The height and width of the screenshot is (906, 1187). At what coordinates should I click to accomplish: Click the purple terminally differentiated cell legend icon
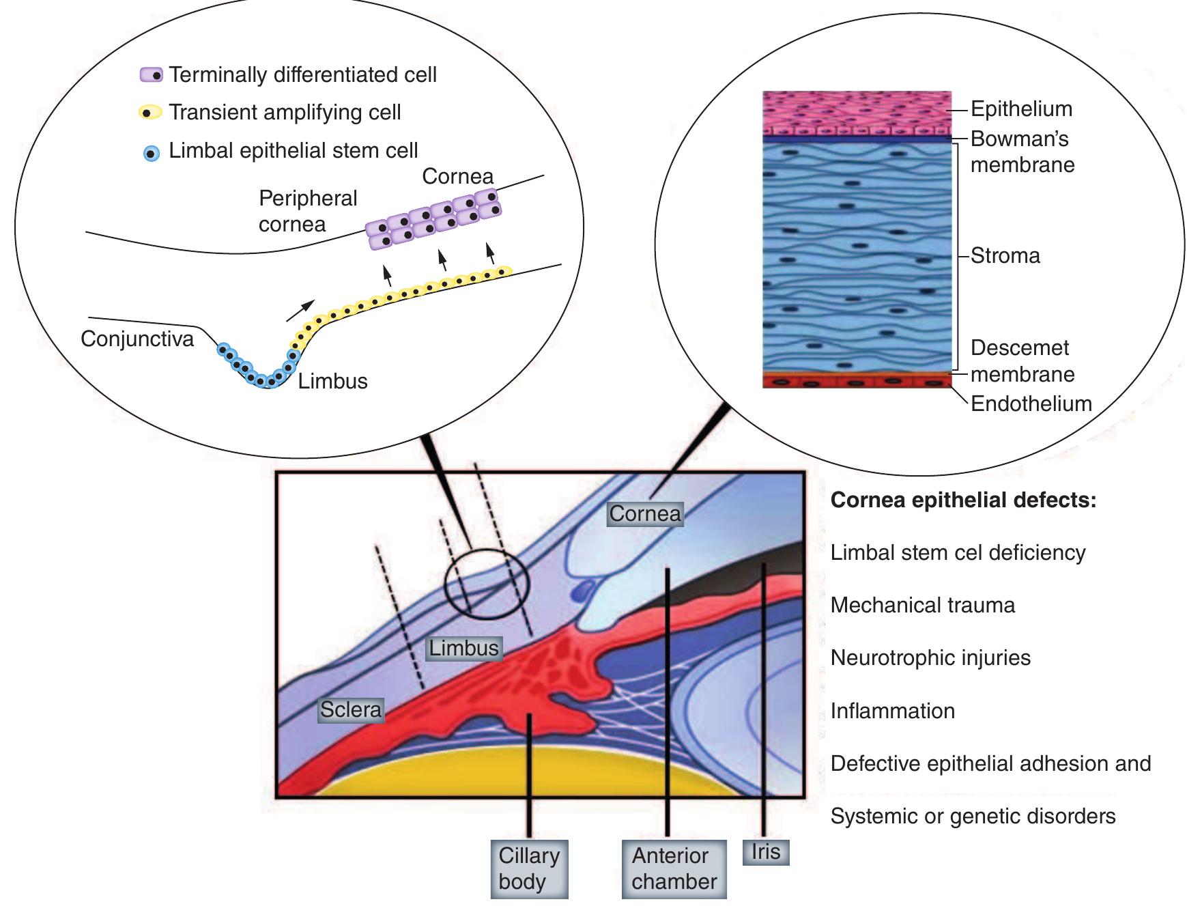pyautogui.click(x=152, y=75)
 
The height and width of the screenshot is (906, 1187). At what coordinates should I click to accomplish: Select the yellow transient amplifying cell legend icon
pyautogui.click(x=150, y=112)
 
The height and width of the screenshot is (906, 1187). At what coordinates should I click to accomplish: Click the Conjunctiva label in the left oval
pyautogui.click(x=137, y=339)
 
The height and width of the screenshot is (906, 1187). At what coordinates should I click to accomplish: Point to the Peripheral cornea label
pyautogui.click(x=307, y=211)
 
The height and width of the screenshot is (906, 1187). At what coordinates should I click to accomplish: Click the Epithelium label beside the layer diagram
pyautogui.click(x=1021, y=109)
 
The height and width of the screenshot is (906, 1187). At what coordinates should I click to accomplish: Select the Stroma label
pyautogui.click(x=1005, y=255)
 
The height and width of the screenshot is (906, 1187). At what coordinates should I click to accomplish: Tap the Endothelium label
pyautogui.click(x=1031, y=404)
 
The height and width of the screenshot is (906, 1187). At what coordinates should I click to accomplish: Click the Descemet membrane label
pyautogui.click(x=1022, y=360)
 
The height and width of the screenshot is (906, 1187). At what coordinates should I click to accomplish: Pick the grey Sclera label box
pyautogui.click(x=351, y=709)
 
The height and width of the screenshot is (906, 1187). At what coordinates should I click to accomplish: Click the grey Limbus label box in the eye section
pyautogui.click(x=463, y=647)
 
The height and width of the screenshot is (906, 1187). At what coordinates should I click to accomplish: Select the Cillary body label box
pyautogui.click(x=529, y=868)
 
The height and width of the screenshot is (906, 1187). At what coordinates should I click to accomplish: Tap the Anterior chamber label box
pyautogui.click(x=674, y=868)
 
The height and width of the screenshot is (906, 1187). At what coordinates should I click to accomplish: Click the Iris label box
pyautogui.click(x=765, y=851)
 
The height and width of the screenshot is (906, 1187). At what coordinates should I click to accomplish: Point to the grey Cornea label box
pyautogui.click(x=644, y=513)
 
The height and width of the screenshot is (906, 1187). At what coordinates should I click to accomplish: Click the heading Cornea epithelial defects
pyautogui.click(x=963, y=500)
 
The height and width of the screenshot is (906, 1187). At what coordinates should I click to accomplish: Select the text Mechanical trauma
pyautogui.click(x=922, y=605)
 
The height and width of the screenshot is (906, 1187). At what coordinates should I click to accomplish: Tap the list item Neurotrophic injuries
pyautogui.click(x=930, y=657)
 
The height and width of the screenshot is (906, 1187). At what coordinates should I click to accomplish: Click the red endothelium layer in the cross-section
pyautogui.click(x=856, y=380)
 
